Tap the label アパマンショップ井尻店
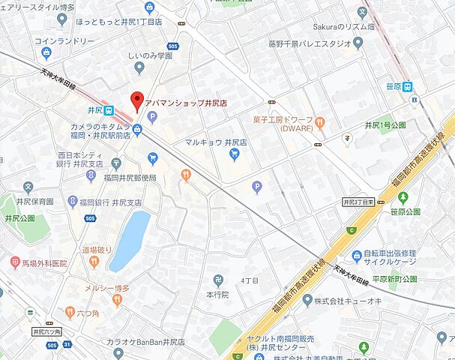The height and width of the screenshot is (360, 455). (186, 102)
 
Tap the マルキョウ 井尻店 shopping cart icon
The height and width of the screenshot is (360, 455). (235, 154)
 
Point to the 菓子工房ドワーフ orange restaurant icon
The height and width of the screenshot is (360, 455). (320, 121)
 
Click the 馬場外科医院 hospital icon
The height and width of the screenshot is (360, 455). (15, 263)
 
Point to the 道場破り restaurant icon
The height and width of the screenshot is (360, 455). (94, 262)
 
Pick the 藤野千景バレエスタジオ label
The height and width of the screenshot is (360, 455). (310, 43)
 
